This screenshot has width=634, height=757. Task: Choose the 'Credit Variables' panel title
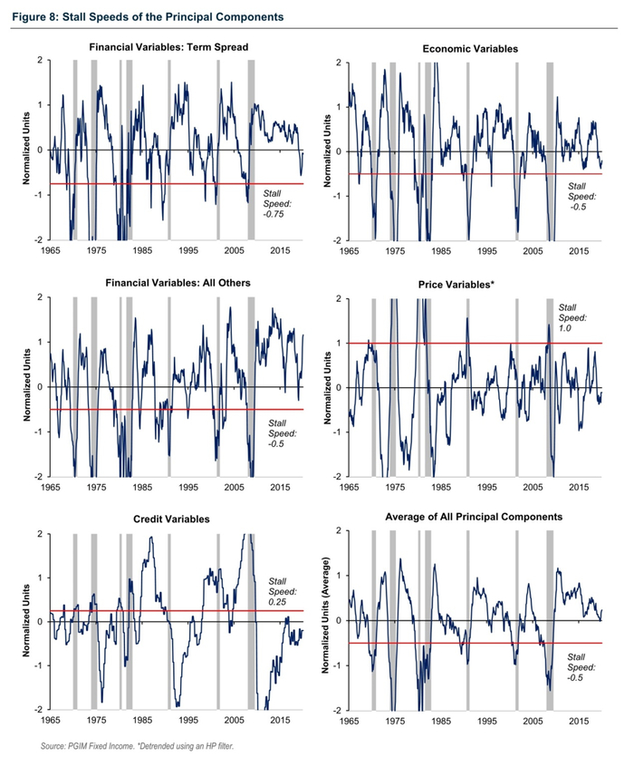[x=160, y=519]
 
